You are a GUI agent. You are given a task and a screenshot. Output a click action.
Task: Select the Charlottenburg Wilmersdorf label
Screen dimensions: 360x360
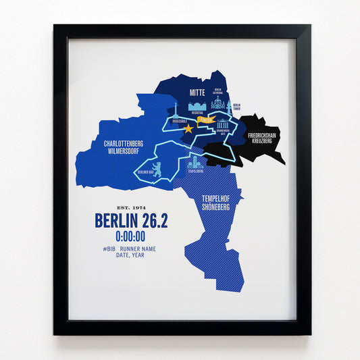[122, 148]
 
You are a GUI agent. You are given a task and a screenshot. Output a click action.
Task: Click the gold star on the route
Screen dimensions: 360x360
[188, 128]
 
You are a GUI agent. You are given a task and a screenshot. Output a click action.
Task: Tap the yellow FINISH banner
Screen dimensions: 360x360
[206, 120]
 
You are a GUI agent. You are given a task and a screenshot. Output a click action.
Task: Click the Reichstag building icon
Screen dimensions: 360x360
[198, 107]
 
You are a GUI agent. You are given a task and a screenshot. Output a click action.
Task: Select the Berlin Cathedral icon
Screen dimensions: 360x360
[217, 103]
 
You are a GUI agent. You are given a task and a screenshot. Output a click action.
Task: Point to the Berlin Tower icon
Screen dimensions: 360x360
[230, 105]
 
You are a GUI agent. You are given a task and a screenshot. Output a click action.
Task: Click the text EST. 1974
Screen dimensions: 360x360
[131, 207]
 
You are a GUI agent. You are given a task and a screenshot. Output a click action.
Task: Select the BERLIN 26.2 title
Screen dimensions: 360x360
[130, 221]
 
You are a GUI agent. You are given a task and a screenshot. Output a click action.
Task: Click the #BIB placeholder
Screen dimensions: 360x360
[110, 249]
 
